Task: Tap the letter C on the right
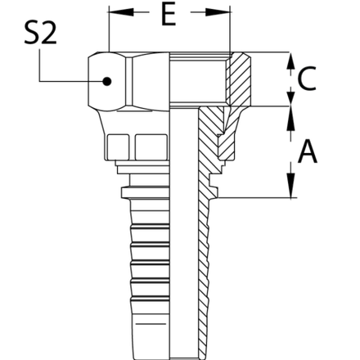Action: [x=304, y=79]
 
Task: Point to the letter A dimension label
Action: [x=307, y=152]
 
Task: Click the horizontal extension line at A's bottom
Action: [x=254, y=197]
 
